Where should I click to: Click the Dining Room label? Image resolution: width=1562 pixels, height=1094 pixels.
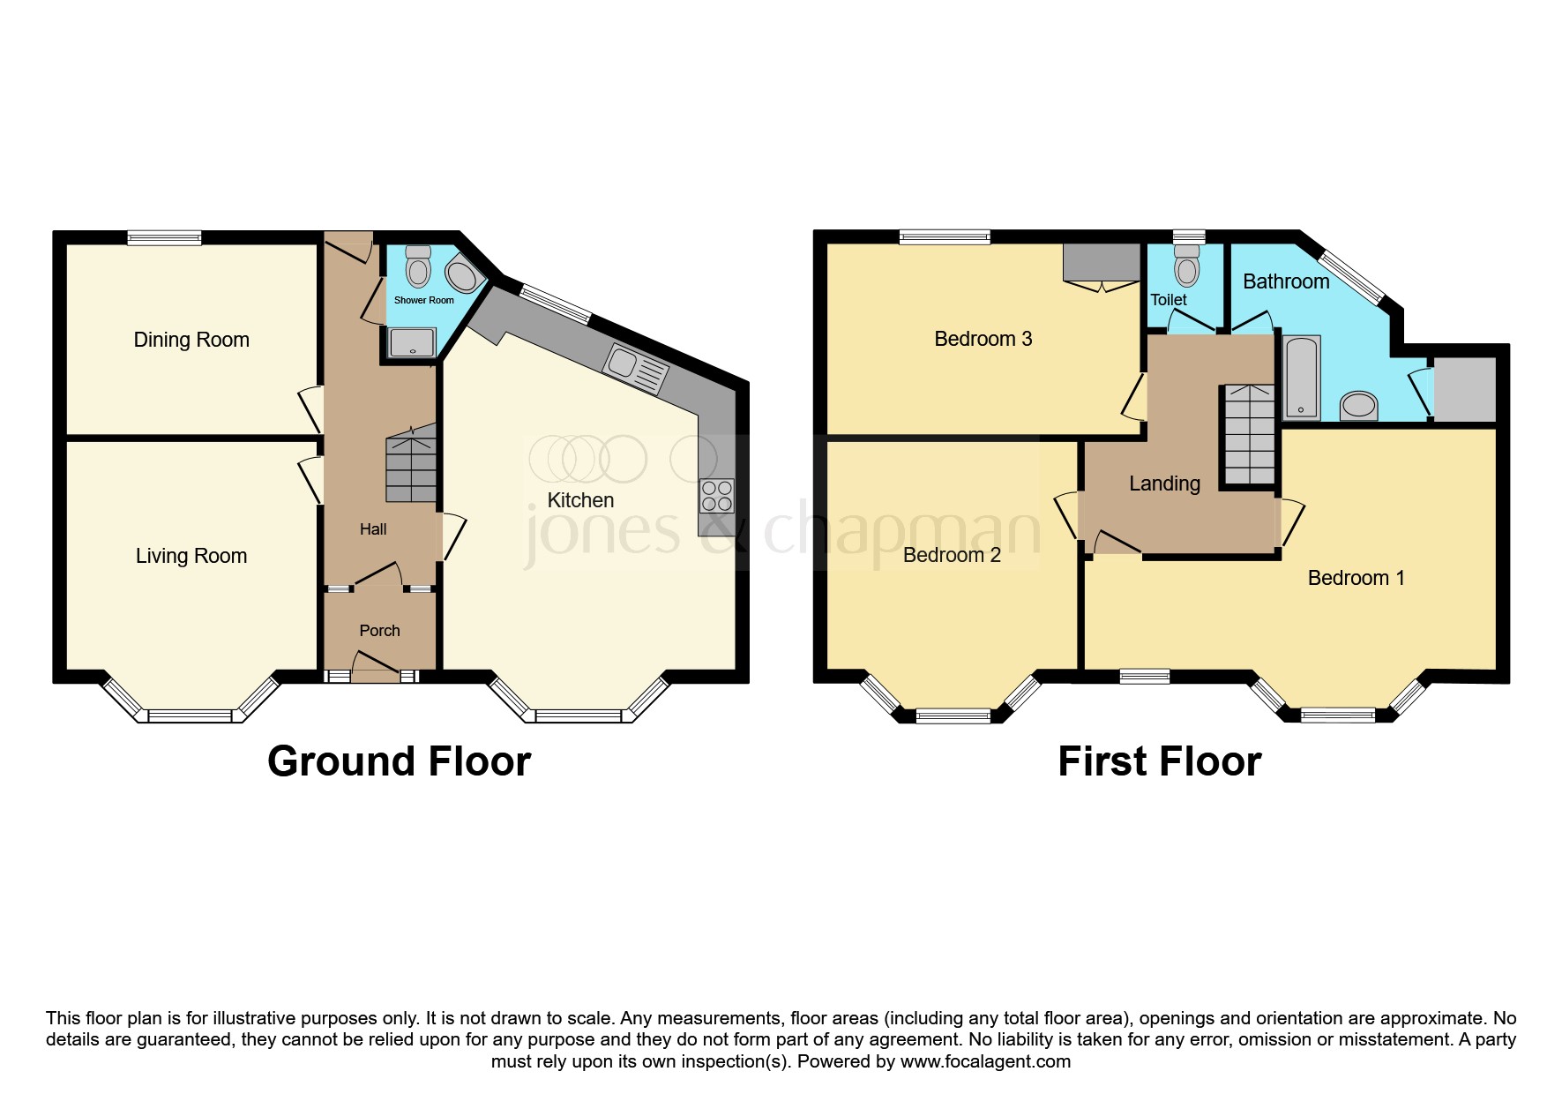191,340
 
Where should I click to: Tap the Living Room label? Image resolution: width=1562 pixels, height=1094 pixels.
191,556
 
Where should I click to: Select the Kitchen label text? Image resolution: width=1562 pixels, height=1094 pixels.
580,500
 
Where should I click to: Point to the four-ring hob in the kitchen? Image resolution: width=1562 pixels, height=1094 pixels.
716,496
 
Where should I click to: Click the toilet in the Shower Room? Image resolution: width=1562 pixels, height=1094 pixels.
418,266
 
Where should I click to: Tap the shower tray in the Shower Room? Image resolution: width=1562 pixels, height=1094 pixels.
412,343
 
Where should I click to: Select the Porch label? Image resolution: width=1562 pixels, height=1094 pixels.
379,631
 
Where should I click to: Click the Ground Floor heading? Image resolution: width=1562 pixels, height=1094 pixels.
399,761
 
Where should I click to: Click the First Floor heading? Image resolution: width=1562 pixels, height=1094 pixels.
1159,761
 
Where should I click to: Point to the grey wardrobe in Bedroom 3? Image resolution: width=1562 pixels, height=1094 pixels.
1102,262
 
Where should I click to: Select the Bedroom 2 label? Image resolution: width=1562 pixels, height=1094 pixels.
952,555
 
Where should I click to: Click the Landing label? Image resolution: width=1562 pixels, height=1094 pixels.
1164,483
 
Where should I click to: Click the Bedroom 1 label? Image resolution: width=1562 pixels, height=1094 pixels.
1356,578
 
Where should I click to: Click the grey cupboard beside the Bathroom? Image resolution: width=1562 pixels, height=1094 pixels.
1465,389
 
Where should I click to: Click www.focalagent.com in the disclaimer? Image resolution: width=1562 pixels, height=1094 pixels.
985,1061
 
